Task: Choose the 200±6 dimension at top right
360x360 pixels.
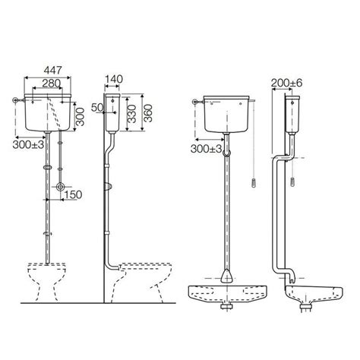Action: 287,82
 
